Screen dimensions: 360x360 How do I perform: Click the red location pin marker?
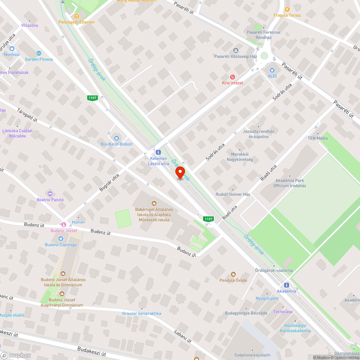pyautogui.click(x=180, y=172)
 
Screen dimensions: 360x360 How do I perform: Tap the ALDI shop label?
pyautogui.click(x=272, y=76)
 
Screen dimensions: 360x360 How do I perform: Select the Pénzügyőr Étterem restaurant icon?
pyautogui.click(x=76, y=16)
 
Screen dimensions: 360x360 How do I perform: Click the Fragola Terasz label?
pyautogui.click(x=287, y=15)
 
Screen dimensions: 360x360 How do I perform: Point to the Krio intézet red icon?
pyautogui.click(x=233, y=77)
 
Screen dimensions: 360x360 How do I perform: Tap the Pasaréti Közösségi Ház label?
pyautogui.click(x=235, y=57)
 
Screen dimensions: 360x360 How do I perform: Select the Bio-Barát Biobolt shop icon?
pyautogui.click(x=116, y=138)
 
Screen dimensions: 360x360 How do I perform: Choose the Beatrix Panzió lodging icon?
pyautogui.click(x=50, y=194)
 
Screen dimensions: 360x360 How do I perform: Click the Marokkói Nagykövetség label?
pyautogui.click(x=239, y=157)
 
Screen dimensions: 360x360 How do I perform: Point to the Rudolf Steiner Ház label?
pyautogui.click(x=233, y=194)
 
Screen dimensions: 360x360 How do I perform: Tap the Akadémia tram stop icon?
pyautogui.click(x=287, y=284)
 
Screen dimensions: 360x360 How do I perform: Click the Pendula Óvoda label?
pyautogui.click(x=233, y=280)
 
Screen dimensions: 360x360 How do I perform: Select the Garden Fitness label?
pyautogui.click(x=39, y=59)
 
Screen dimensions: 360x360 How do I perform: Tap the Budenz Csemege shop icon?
pyautogui.click(x=61, y=239)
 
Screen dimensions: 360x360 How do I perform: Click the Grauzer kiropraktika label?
pyautogui.click(x=141, y=313)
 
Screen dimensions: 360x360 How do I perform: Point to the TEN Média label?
pyautogui.click(x=317, y=138)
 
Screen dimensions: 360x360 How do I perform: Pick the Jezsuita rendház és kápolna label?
pyautogui.click(x=258, y=134)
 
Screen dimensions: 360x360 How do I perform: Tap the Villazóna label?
pyautogui.click(x=30, y=26)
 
